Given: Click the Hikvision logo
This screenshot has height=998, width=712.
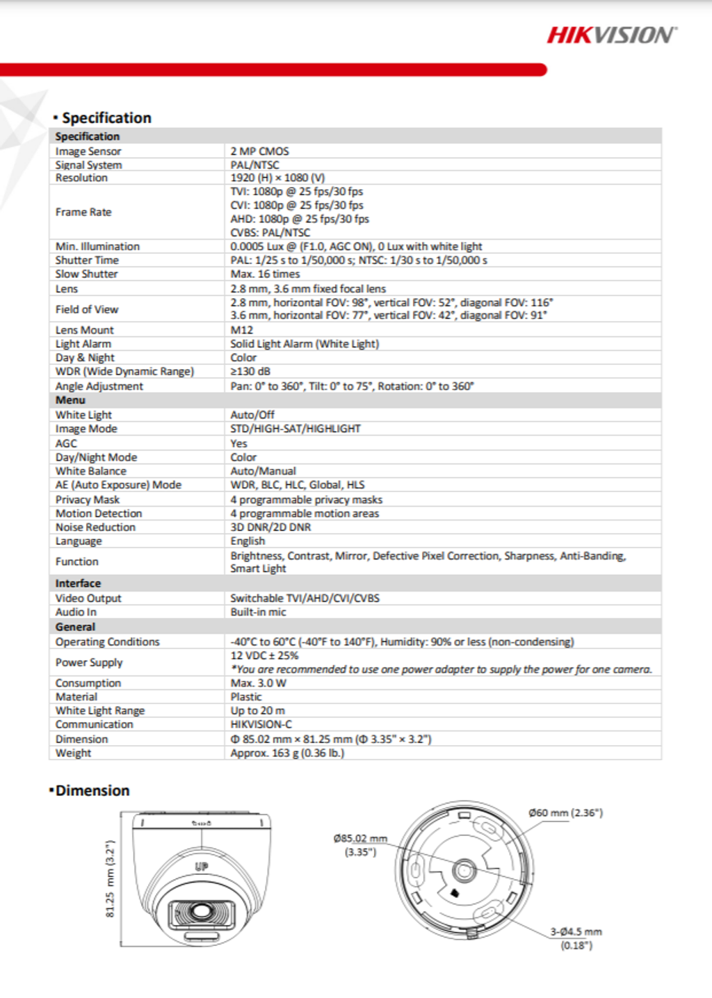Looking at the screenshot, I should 611,35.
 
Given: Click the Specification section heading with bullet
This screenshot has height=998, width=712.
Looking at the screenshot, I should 102,118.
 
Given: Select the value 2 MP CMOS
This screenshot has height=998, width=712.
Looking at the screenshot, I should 259,151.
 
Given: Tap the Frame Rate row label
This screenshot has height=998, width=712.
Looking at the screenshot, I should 83,212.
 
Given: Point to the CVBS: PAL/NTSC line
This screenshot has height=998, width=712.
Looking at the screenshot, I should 270,233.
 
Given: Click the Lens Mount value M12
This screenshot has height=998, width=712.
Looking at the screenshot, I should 241,330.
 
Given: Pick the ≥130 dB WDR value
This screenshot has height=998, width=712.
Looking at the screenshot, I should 250,371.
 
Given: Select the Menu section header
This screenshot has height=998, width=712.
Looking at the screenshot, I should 70,400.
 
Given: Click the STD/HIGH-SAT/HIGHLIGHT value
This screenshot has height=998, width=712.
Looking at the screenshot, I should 296,429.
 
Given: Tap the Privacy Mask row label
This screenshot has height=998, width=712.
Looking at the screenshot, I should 88,500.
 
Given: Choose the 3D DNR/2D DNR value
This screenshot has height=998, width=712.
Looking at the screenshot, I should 270,527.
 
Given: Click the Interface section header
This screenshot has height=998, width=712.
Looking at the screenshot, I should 78,584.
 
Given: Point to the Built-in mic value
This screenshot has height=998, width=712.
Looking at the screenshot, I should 258,612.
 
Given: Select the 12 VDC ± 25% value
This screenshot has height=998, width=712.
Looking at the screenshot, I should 264,655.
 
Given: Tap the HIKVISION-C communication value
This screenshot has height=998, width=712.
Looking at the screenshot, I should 261,724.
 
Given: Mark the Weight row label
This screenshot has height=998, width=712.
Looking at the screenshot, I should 73,753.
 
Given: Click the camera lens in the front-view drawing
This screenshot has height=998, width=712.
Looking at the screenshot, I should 202,911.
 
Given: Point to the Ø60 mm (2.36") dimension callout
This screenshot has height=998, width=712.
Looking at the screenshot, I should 565,812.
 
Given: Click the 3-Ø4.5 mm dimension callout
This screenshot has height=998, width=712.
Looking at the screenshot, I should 576,932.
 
